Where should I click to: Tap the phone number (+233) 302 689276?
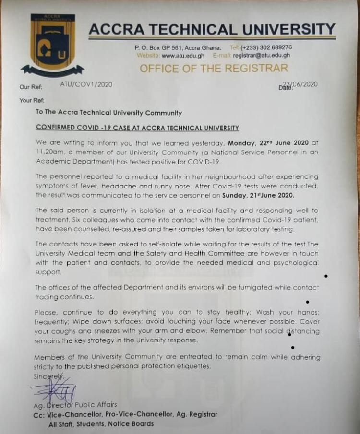pos(267,47)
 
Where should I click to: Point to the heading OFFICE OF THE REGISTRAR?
pos(214,69)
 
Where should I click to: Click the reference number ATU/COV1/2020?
pos(86,84)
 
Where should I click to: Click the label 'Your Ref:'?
pos(32,101)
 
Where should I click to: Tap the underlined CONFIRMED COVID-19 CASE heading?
pos(138,128)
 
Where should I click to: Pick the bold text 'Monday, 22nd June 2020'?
pos(273,143)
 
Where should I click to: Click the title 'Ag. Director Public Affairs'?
pos(75,405)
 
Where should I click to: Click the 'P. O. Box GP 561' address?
pos(159,47)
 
